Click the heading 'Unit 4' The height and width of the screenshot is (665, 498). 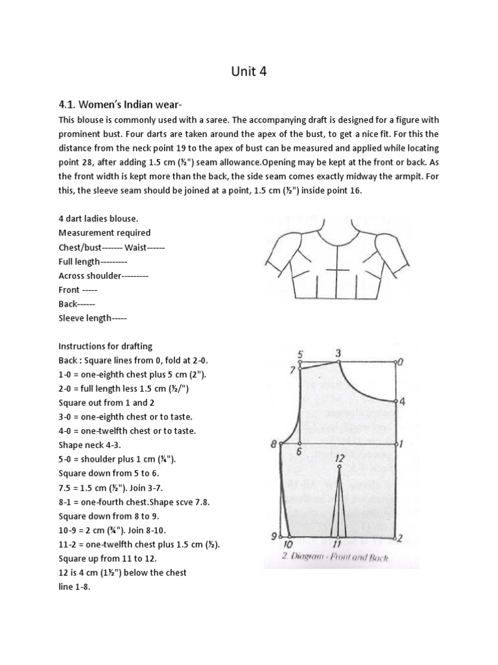pyautogui.click(x=249, y=72)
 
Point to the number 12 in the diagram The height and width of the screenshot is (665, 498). pyautogui.click(x=339, y=458)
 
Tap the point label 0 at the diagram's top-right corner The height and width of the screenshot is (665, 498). pyautogui.click(x=401, y=362)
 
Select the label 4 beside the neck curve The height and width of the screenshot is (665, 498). pyautogui.click(x=402, y=401)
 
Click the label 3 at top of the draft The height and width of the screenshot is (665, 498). pyautogui.click(x=338, y=353)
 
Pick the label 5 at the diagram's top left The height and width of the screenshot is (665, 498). pyautogui.click(x=300, y=354)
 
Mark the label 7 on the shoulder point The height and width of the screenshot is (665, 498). pyautogui.click(x=292, y=370)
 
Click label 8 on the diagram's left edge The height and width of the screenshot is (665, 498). pyautogui.click(x=273, y=445)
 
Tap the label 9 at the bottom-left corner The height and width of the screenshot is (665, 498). pyautogui.click(x=273, y=536)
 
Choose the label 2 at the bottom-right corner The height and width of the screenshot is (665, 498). pyautogui.click(x=400, y=538)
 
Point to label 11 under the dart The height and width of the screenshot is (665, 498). pyautogui.click(x=337, y=544)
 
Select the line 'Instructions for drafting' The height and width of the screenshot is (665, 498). pyautogui.click(x=106, y=346)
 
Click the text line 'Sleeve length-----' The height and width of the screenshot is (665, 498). pyautogui.click(x=93, y=318)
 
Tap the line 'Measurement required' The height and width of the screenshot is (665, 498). pyautogui.click(x=104, y=232)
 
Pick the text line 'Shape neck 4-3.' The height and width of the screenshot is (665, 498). pyautogui.click(x=89, y=445)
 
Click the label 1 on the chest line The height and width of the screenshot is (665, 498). pyautogui.click(x=402, y=445)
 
